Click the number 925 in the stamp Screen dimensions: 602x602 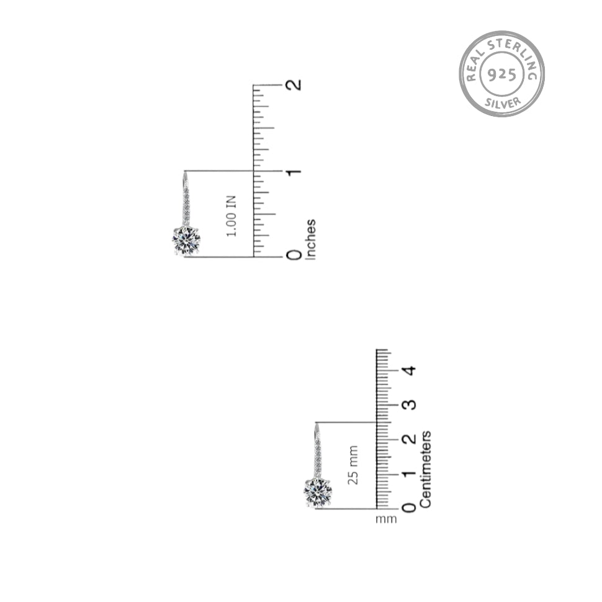click(x=502, y=74)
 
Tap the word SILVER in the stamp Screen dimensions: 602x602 click(x=503, y=102)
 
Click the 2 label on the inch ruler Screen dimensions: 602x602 click(x=294, y=84)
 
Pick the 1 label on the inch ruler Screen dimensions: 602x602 click(x=294, y=172)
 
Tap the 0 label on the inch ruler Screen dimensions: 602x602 click(x=294, y=255)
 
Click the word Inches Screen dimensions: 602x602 click(x=310, y=240)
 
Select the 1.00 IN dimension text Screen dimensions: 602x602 click(x=231, y=216)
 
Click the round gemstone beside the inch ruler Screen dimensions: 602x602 click(x=186, y=241)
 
